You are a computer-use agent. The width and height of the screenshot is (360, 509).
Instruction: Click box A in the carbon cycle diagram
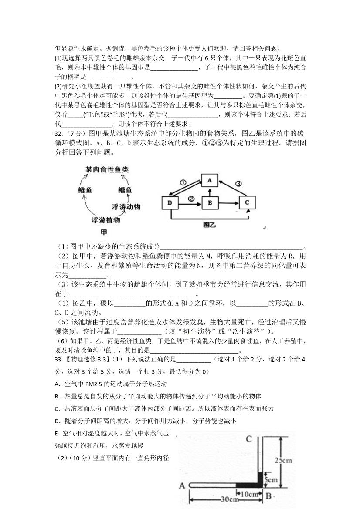coord(209,181)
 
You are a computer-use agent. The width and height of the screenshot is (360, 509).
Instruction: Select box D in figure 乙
coord(170,203)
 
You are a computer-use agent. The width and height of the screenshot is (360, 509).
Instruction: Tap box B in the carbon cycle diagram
coord(210,203)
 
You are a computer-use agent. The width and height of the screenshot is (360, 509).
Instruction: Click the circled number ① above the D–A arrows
coord(183,182)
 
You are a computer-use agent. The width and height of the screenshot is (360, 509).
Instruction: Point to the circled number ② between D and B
coord(190,199)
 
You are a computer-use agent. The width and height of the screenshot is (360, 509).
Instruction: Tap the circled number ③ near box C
coord(238,184)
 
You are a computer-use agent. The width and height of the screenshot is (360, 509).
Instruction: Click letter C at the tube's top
coord(248,439)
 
